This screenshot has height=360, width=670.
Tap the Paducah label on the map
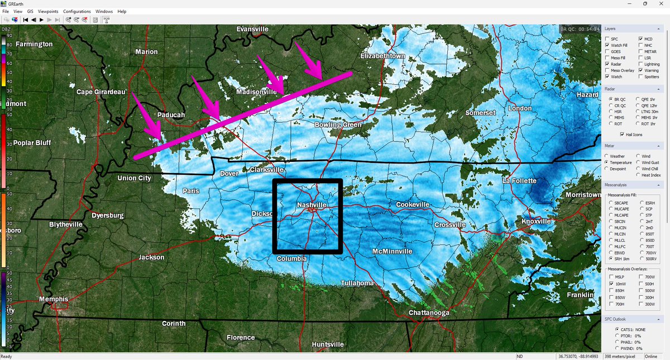pyautogui.click(x=170, y=115)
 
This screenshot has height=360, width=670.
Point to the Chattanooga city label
pyautogui.click(x=429, y=313)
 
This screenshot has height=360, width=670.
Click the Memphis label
pyautogui.click(x=54, y=299)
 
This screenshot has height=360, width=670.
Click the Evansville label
pyautogui.click(x=252, y=29)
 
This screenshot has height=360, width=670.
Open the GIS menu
pyautogui.click(x=30, y=11)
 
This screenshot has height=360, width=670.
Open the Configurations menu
pyautogui.click(x=77, y=11)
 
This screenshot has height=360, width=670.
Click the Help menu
pyautogui.click(x=122, y=11)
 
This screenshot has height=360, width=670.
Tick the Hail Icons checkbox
pyautogui.click(x=621, y=135)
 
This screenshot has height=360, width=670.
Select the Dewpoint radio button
pyautogui.click(x=607, y=169)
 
